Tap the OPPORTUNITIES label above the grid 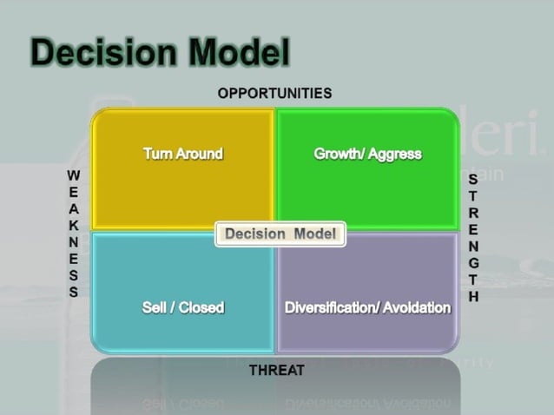point(274,93)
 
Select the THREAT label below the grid point(276,371)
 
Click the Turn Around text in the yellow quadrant point(182,154)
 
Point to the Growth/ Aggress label point(367,154)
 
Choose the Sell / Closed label point(182,307)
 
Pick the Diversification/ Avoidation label point(367,307)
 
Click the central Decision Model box point(280,234)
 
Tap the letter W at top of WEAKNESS point(74,175)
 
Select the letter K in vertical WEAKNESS point(74,225)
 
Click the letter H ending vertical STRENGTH point(473,295)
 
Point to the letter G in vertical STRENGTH point(473,262)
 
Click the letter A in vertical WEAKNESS point(74,208)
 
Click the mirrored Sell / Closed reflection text point(182,405)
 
